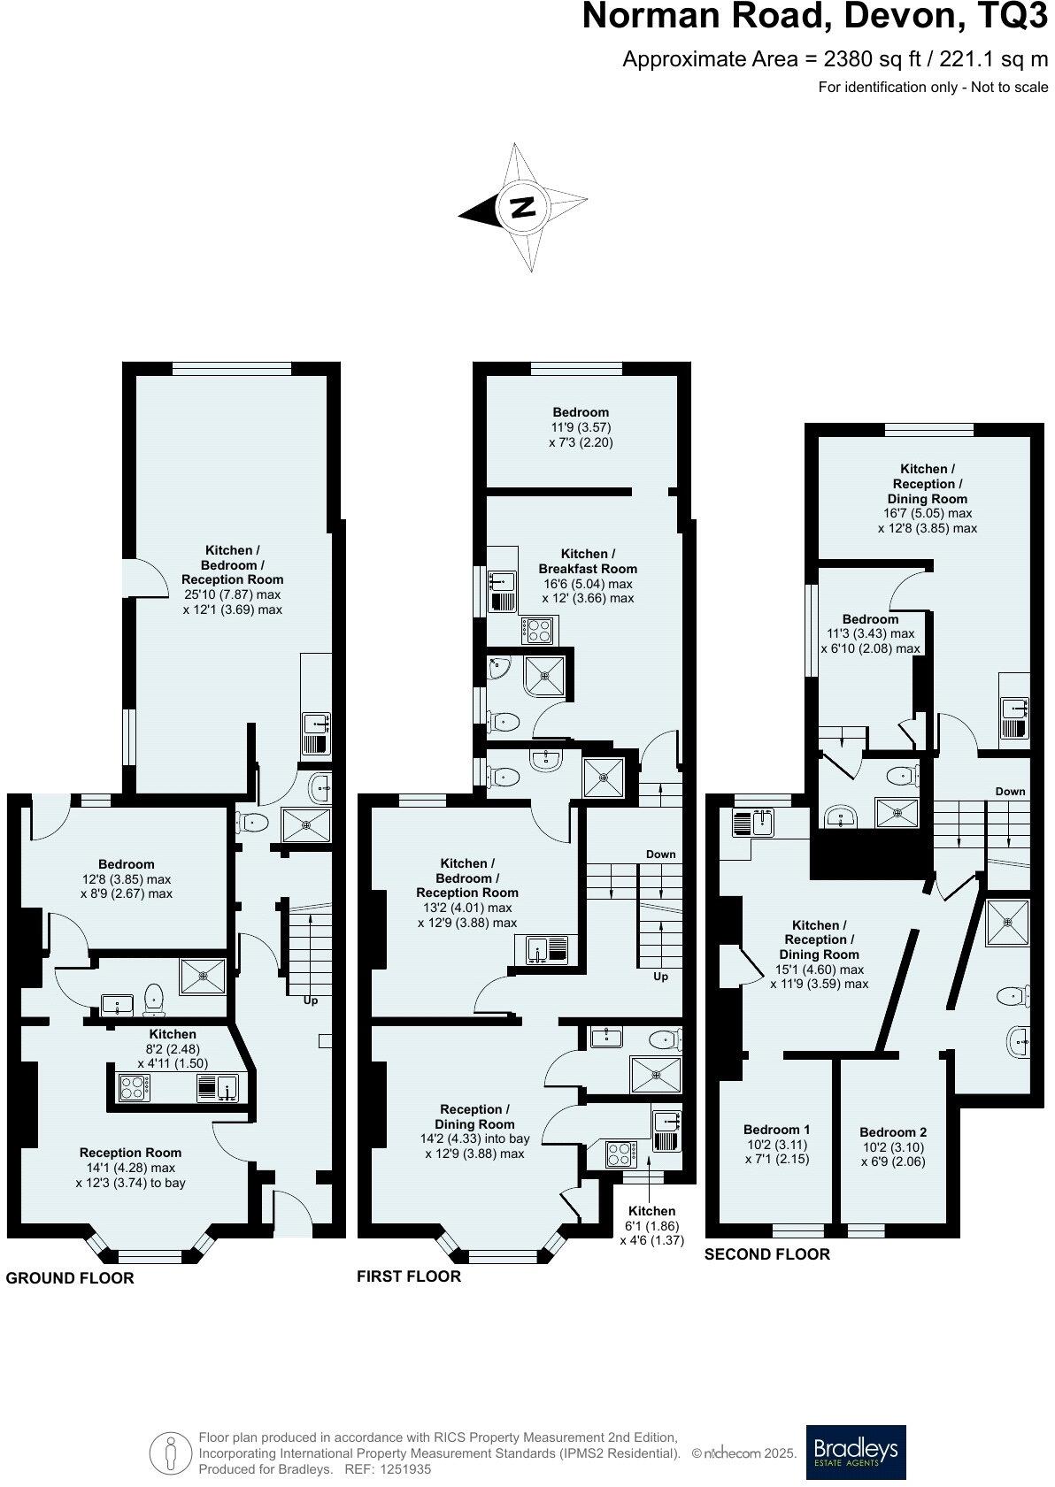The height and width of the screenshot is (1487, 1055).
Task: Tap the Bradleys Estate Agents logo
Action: tap(855, 1452)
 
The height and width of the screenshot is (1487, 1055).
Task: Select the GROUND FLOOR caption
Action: tap(70, 1278)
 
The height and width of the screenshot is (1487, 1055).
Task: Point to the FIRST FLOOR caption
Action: tap(409, 1276)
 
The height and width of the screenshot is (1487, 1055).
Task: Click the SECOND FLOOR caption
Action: tap(767, 1254)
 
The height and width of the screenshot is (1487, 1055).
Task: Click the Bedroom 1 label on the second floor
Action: tap(776, 1130)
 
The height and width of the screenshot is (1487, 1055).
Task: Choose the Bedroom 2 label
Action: tap(893, 1132)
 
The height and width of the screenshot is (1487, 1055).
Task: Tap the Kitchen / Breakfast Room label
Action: tap(588, 562)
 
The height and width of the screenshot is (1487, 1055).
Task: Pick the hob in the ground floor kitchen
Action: tap(135, 1087)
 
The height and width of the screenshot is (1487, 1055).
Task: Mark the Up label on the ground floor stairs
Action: tap(311, 1000)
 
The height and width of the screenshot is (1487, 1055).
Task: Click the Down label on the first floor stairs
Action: tap(660, 855)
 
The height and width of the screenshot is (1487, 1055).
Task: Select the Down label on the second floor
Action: tap(1010, 792)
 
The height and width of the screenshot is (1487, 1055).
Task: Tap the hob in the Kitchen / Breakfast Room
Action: tap(538, 630)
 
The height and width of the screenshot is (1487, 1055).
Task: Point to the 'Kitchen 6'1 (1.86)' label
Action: tap(651, 1211)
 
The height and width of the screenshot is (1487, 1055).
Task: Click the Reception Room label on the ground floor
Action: tap(130, 1153)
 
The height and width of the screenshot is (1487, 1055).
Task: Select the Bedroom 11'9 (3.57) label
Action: tap(581, 412)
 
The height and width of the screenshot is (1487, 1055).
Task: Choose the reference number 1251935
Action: tap(406, 1469)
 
